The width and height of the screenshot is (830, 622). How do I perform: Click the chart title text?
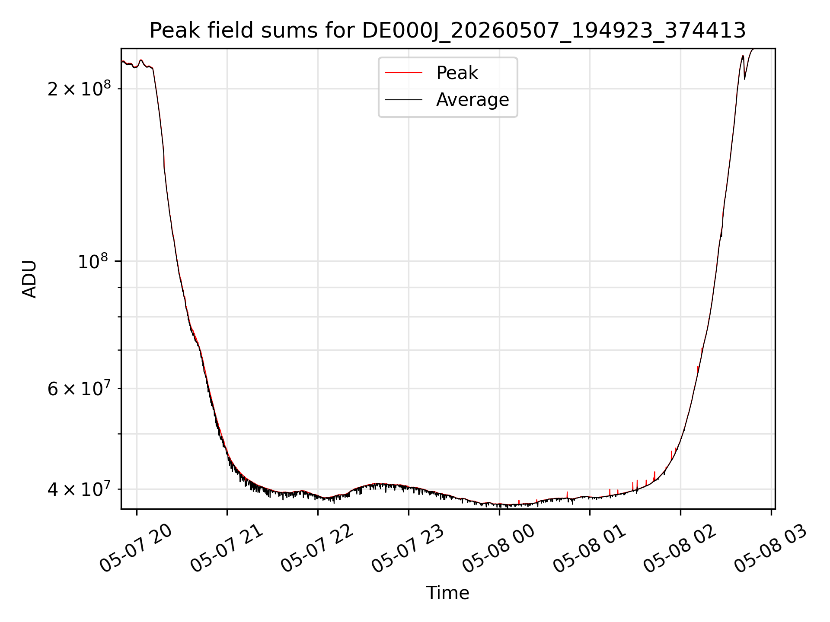click(x=447, y=31)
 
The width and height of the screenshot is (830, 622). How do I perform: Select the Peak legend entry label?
click(x=457, y=73)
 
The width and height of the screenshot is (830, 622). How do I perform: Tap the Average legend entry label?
click(x=472, y=100)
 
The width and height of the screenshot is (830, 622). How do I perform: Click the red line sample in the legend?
click(x=404, y=73)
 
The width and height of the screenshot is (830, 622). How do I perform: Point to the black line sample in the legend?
click(x=404, y=100)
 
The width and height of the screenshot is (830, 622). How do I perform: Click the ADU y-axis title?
click(x=29, y=279)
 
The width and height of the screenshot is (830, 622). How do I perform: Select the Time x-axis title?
click(x=447, y=593)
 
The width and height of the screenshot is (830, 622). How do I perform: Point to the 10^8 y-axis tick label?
click(x=93, y=260)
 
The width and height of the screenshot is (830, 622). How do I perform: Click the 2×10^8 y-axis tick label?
click(x=79, y=88)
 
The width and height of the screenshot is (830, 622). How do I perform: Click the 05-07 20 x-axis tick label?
click(x=136, y=549)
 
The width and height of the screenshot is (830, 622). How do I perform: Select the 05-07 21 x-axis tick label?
click(x=227, y=549)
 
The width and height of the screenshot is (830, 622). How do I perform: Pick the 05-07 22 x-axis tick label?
click(x=317, y=549)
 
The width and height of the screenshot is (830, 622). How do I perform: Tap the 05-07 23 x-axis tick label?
click(x=408, y=549)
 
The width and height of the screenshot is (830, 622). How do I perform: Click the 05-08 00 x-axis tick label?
click(x=499, y=549)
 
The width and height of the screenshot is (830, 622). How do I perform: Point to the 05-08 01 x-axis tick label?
click(x=590, y=549)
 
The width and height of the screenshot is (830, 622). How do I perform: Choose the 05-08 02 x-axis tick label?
click(x=680, y=549)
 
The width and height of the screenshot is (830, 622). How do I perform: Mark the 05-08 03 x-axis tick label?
click(x=771, y=549)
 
